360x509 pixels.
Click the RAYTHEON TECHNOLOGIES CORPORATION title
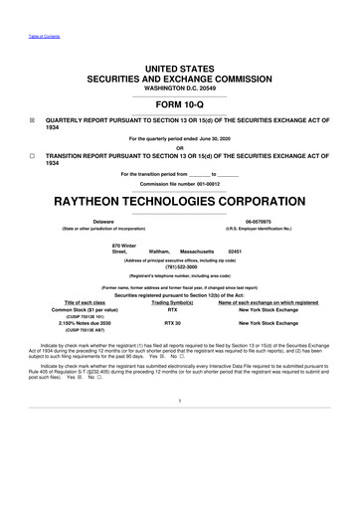pos(180,198)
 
